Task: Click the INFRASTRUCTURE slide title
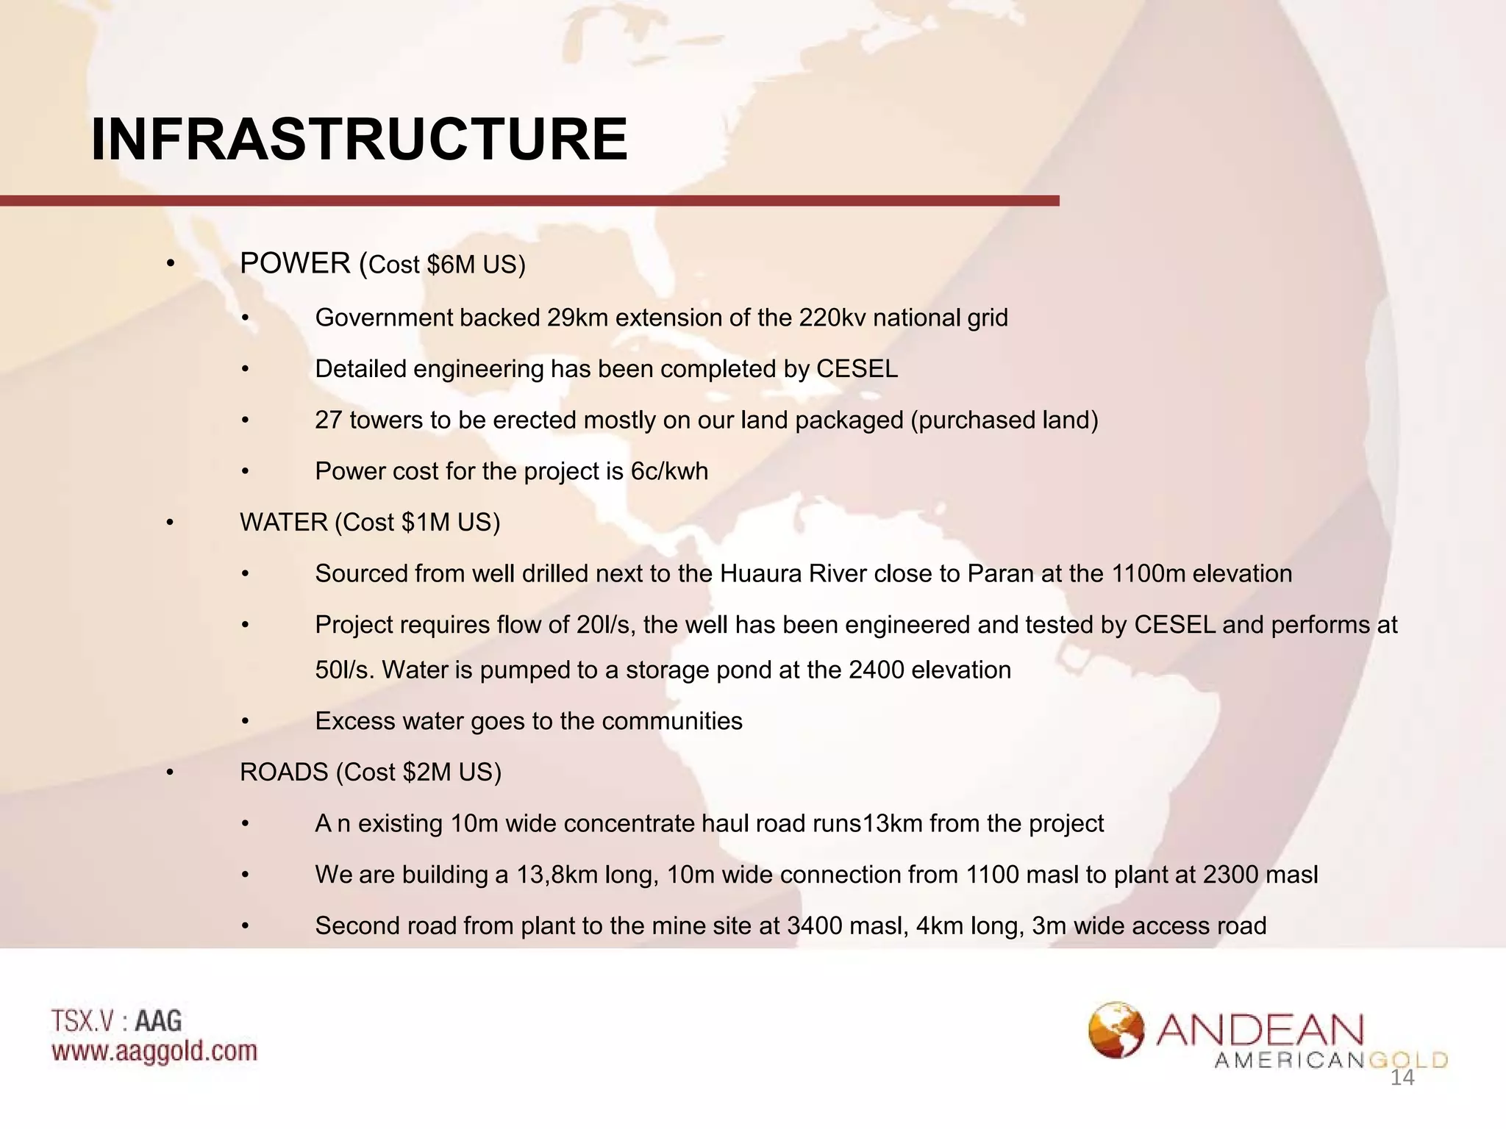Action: click(x=359, y=140)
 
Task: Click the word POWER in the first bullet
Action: click(x=295, y=264)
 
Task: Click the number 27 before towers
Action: click(x=329, y=420)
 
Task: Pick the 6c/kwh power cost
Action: click(x=669, y=471)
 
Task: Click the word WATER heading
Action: click(x=283, y=523)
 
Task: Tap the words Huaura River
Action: click(x=793, y=573)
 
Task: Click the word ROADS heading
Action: click(x=284, y=773)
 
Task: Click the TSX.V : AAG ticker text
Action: click(x=116, y=1021)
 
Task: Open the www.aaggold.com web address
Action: click(x=154, y=1051)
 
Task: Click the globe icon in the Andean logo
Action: click(x=1116, y=1030)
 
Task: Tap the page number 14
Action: click(x=1402, y=1078)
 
